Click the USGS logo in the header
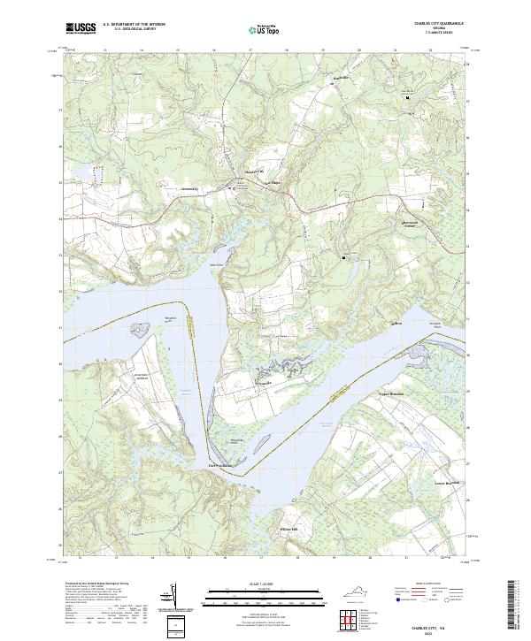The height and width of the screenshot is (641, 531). pos(81,29)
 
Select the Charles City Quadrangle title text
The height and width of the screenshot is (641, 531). pos(438,24)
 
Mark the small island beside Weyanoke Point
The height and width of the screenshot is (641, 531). pos(138,329)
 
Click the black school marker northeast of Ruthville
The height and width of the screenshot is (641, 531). pos(408,99)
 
